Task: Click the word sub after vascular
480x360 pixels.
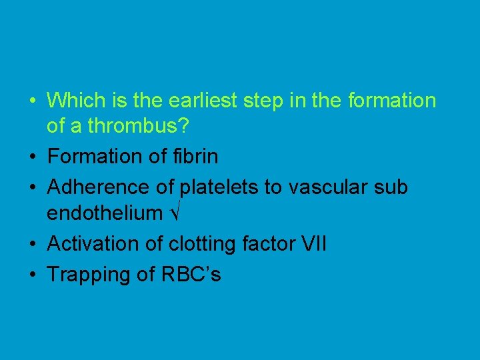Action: point(391,188)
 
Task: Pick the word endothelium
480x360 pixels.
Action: point(105,213)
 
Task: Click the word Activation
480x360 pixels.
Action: point(93,244)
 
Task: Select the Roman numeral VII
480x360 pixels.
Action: point(313,244)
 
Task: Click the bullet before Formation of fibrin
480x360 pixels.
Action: point(32,157)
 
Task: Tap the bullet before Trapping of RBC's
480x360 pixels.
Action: point(32,275)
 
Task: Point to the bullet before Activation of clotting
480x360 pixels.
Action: point(32,244)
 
